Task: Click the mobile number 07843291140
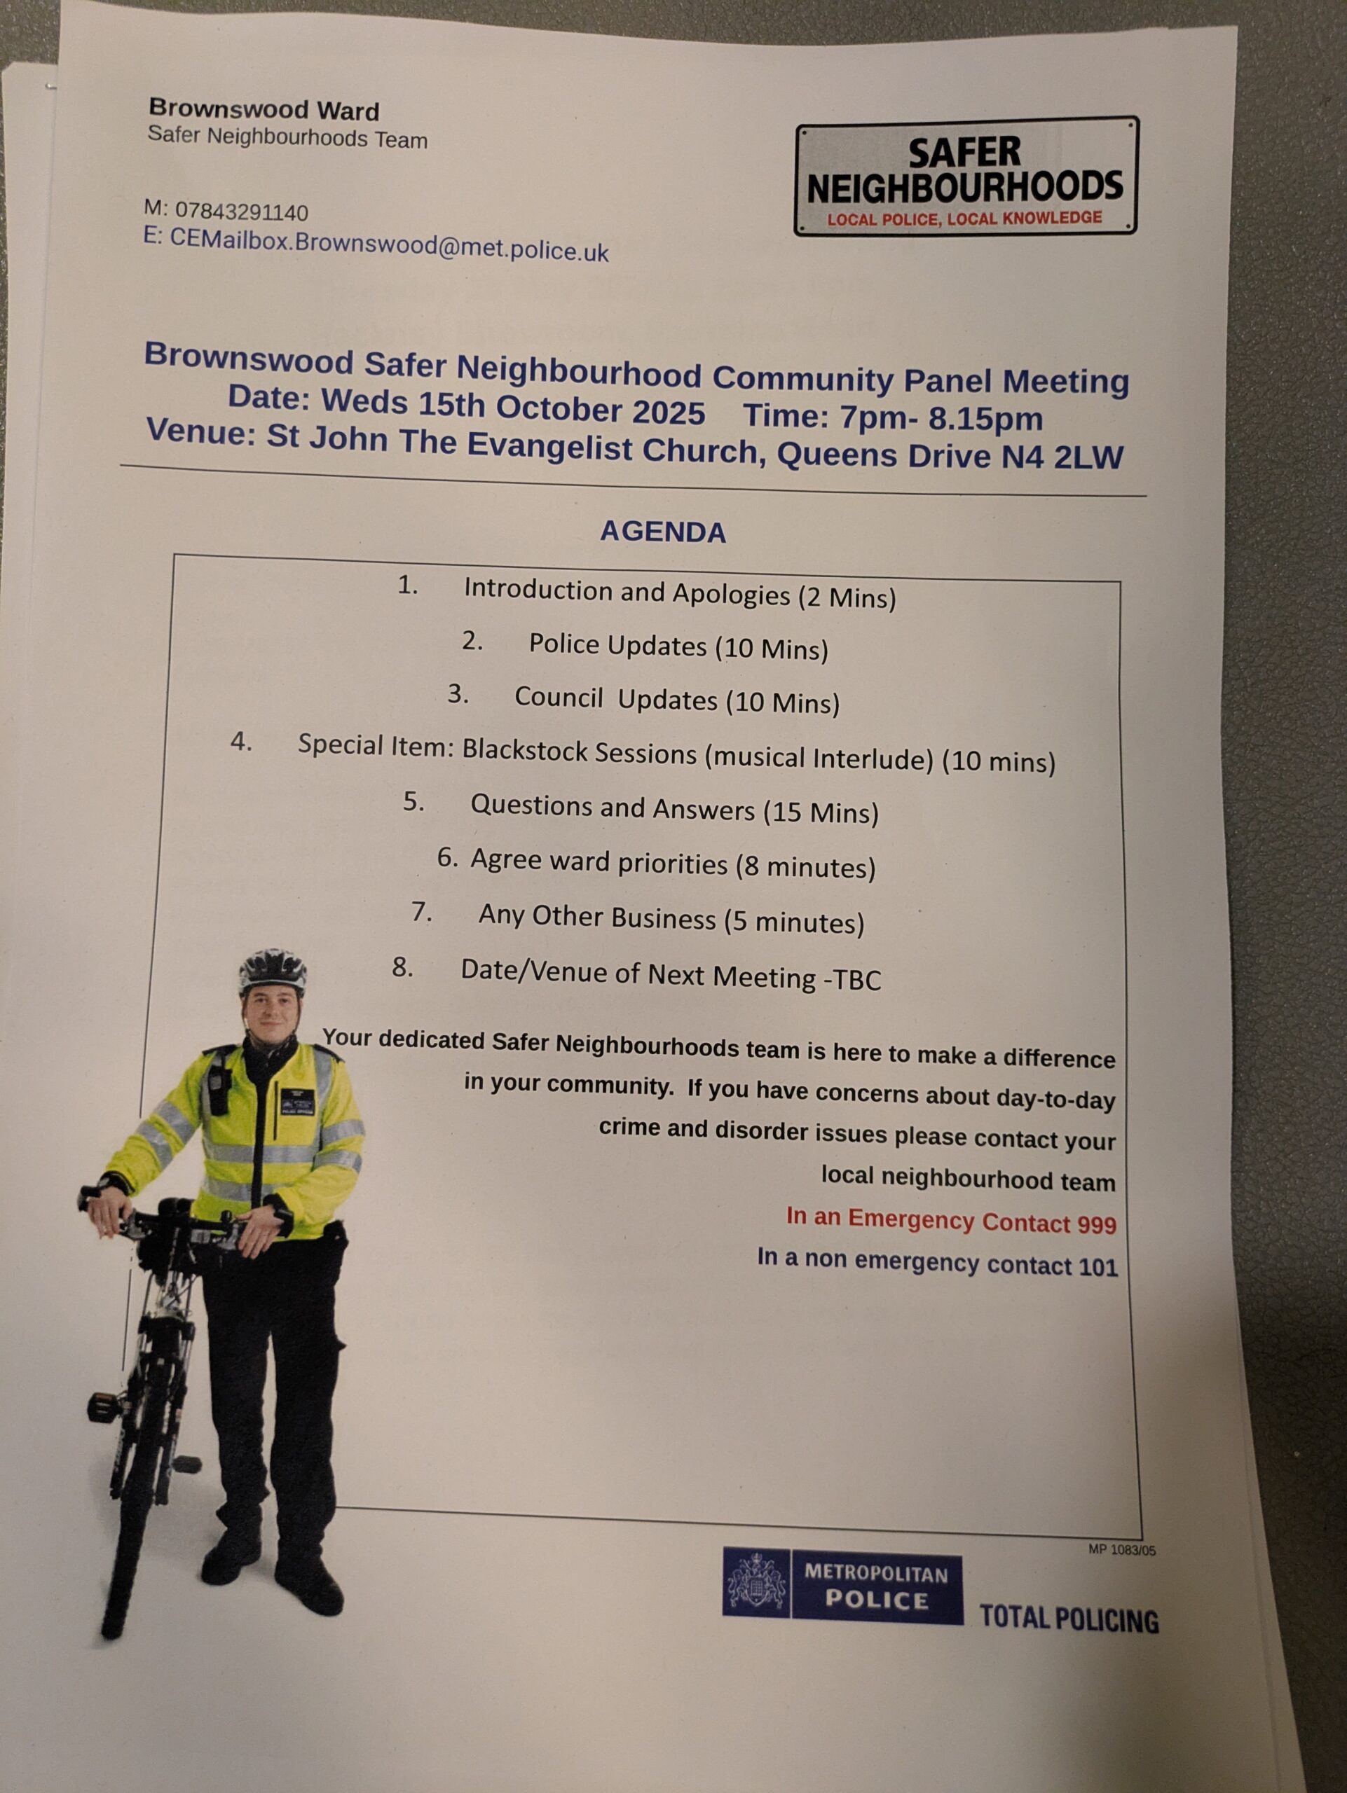[241, 212]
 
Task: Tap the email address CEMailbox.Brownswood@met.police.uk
[388, 246]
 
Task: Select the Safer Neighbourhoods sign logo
[966, 176]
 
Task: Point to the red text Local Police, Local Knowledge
[964, 218]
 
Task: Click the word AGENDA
[662, 532]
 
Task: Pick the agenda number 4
[241, 742]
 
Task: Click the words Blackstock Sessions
[579, 752]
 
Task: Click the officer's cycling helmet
[273, 969]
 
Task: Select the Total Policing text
[1069, 1618]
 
